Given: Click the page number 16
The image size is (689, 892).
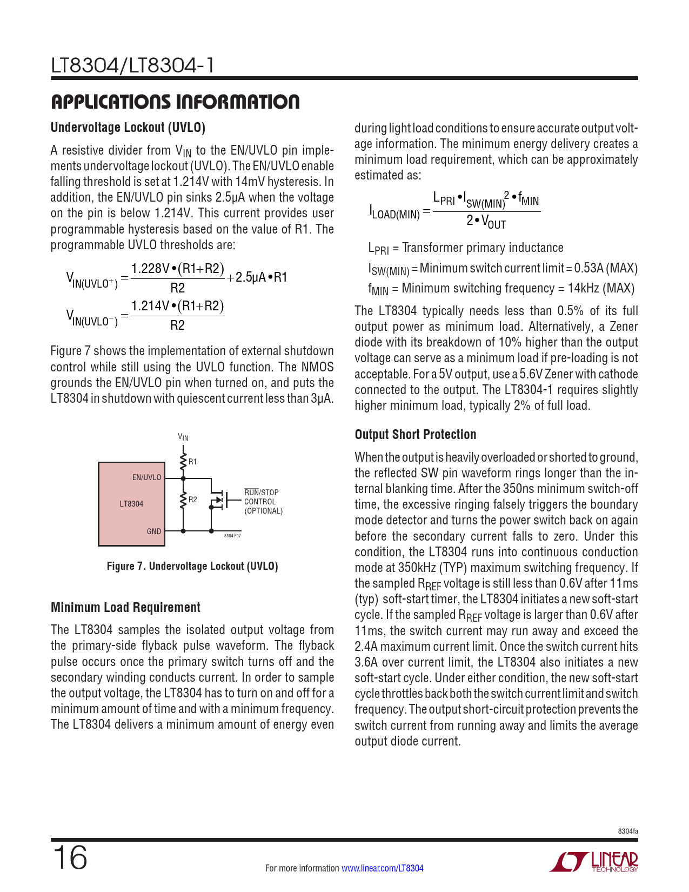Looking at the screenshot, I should click(70, 858).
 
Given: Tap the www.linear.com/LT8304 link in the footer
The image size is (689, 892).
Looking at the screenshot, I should click(383, 868).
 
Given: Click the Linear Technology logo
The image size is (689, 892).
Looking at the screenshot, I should click(594, 862).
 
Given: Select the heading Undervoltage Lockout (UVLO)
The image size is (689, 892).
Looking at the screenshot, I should click(128, 128).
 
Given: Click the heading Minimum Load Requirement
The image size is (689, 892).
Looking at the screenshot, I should click(125, 608).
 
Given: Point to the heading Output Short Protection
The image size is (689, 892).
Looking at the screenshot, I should click(416, 435).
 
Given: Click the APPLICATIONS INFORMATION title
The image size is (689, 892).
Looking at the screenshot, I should click(175, 102).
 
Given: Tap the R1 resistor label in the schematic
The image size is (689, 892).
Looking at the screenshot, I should click(193, 462).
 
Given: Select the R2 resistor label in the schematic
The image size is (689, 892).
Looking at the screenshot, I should click(193, 500).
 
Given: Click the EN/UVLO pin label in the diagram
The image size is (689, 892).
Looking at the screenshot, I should click(146, 477).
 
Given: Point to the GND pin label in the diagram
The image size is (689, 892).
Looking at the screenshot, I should click(154, 531).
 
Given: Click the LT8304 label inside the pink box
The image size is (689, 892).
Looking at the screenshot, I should click(131, 504).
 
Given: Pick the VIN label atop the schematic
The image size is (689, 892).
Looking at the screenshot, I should click(183, 437).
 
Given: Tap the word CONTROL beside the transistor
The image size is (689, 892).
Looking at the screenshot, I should click(260, 502).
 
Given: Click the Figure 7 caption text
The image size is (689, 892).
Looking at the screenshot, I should click(192, 566).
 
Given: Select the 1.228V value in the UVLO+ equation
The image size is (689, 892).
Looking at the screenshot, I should click(150, 269).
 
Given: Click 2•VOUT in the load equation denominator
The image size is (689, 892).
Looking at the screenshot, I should click(486, 222).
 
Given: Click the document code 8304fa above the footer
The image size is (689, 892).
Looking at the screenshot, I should click(628, 831).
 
